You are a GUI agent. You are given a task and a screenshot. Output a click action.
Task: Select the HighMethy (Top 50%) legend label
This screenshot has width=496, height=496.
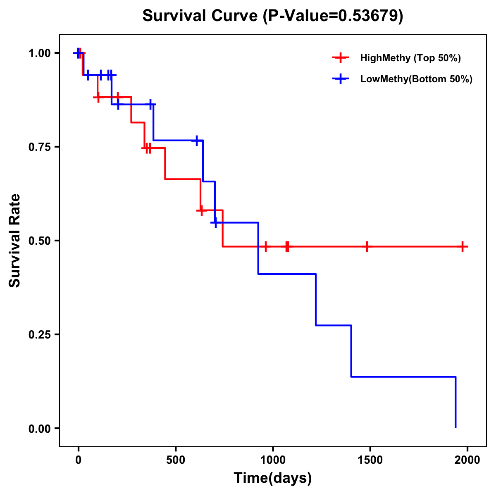pyautogui.click(x=410, y=58)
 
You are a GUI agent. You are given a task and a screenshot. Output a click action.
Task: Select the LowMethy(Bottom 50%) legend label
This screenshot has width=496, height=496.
pyautogui.click(x=416, y=79)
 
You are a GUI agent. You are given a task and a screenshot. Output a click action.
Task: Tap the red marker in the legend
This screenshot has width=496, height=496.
pyautogui.click(x=341, y=58)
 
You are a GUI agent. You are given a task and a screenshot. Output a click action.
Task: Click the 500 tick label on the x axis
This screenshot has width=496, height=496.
pyautogui.click(x=176, y=460)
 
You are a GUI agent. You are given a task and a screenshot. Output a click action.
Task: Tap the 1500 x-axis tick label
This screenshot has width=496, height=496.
pyautogui.click(x=370, y=460)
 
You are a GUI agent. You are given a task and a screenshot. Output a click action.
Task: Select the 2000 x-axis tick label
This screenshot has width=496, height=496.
pyautogui.click(x=467, y=460)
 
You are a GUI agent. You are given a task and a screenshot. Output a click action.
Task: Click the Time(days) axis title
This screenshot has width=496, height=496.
pyautogui.click(x=273, y=478)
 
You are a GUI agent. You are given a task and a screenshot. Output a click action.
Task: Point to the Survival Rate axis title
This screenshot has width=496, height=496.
pyautogui.click(x=15, y=241)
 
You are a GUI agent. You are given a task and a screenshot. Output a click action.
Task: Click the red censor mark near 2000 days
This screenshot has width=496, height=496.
pyautogui.click(x=463, y=247)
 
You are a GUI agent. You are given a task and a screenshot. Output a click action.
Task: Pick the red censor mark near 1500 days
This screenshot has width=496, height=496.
pyautogui.click(x=366, y=247)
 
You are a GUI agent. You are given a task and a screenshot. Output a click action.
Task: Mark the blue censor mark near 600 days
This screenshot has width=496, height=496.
pyautogui.click(x=197, y=141)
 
